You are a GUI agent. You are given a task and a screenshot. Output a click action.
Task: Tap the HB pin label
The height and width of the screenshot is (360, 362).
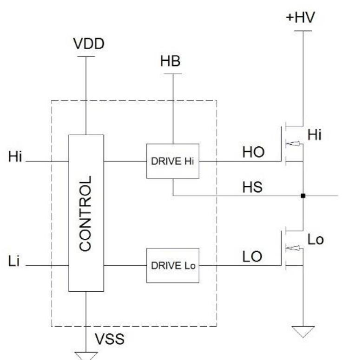point(172,63)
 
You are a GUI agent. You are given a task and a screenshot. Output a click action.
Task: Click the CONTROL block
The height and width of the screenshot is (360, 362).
point(86,213)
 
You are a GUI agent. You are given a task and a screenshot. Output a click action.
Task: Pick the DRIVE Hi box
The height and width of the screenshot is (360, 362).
point(172,161)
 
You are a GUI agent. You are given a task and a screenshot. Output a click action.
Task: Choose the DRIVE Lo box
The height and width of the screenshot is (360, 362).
point(172,266)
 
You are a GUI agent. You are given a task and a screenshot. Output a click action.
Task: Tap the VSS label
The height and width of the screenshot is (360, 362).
point(110,339)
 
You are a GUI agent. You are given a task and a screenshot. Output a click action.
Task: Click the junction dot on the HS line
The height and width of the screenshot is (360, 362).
point(303,196)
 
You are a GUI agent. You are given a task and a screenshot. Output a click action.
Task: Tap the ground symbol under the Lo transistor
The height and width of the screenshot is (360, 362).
point(303,331)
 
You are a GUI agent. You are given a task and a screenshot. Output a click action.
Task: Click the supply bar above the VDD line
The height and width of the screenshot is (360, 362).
point(86,57)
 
